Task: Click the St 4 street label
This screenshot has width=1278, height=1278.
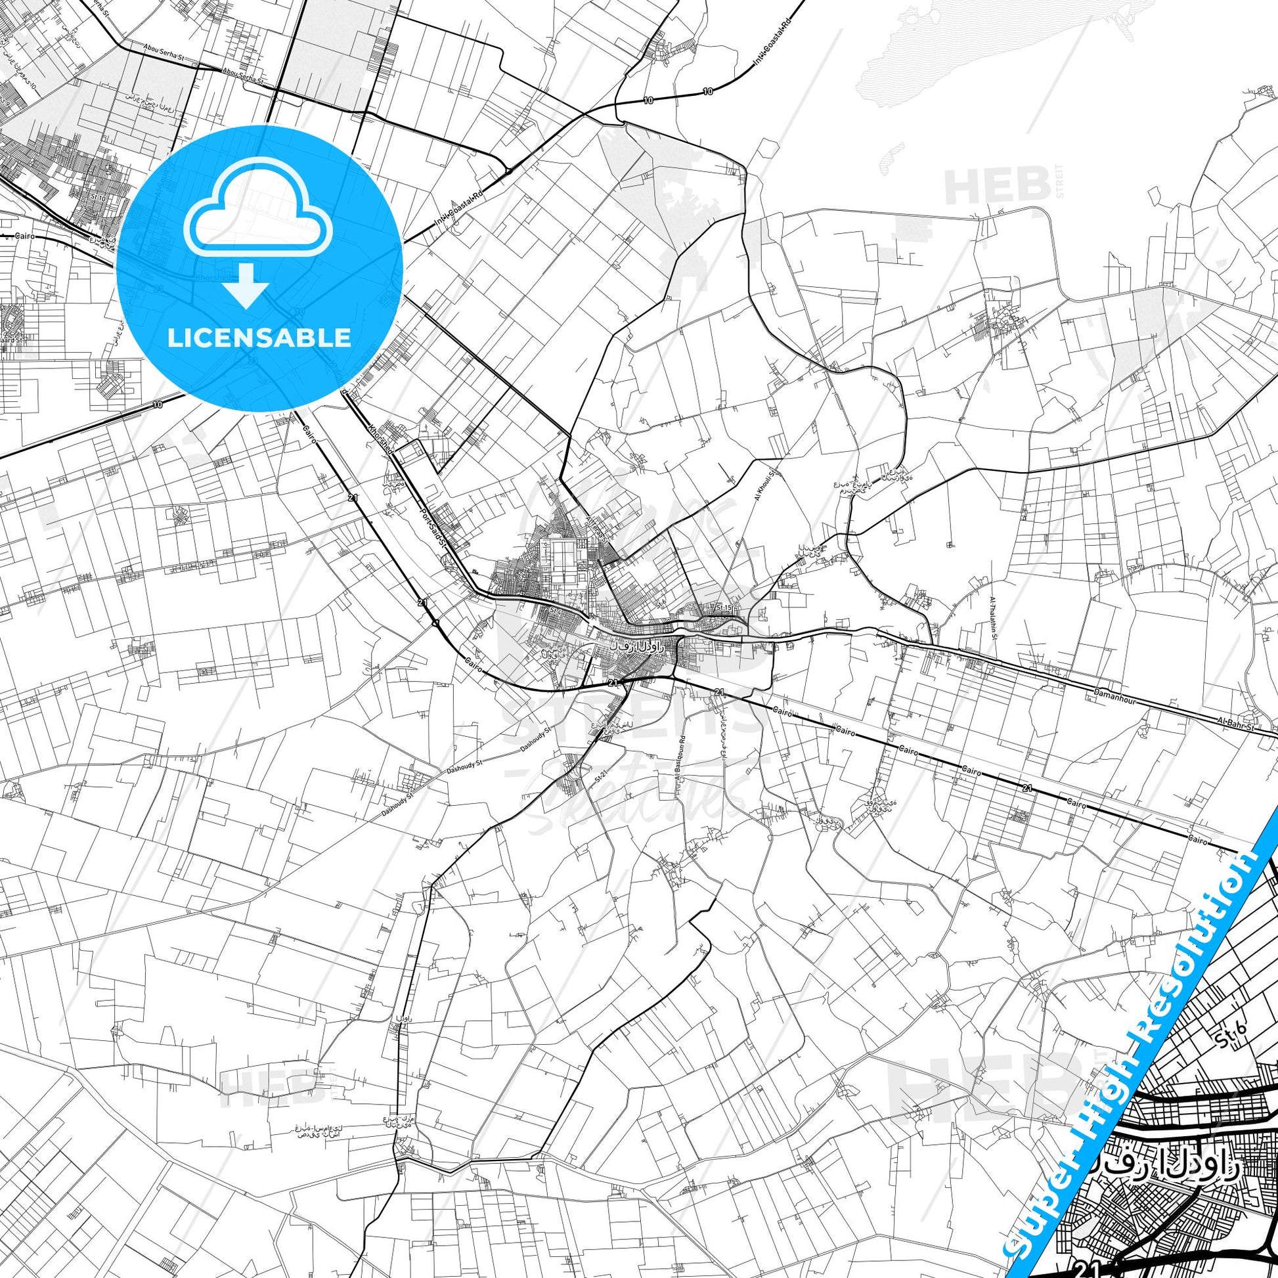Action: point(554,609)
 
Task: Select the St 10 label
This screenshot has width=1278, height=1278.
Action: point(99,197)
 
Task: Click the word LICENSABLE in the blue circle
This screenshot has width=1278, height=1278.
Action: point(259,338)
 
